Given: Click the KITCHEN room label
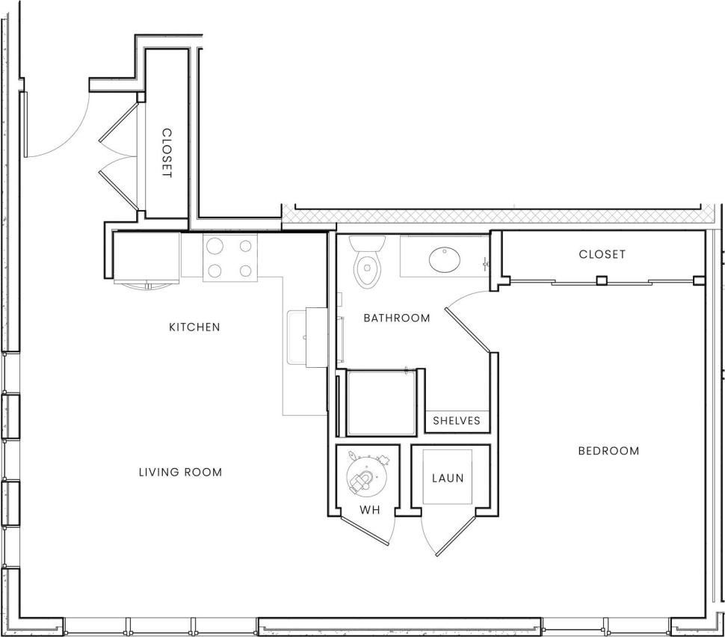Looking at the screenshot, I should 194,327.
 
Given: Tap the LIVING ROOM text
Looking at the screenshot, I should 181,472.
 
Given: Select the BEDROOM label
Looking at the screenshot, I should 608,451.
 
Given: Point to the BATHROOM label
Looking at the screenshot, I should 397,318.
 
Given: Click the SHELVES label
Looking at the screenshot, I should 457,421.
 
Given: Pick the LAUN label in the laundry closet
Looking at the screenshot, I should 448,478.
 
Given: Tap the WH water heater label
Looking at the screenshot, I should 371,510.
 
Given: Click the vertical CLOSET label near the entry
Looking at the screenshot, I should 167,153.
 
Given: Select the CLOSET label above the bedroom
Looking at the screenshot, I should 602,254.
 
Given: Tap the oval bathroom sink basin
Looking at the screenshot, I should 445,259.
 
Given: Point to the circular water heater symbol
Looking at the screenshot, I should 366,476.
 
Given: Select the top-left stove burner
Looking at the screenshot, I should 214,245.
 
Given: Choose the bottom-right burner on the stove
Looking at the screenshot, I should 245,270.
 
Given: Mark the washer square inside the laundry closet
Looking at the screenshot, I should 448,477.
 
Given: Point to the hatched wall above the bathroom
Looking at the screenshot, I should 493,215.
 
